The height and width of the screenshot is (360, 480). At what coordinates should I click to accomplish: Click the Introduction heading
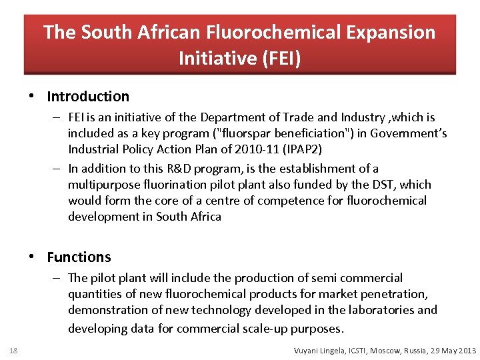point(88,97)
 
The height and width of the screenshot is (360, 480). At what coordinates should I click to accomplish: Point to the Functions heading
point(79,257)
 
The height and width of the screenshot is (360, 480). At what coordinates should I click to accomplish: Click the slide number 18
point(13,351)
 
